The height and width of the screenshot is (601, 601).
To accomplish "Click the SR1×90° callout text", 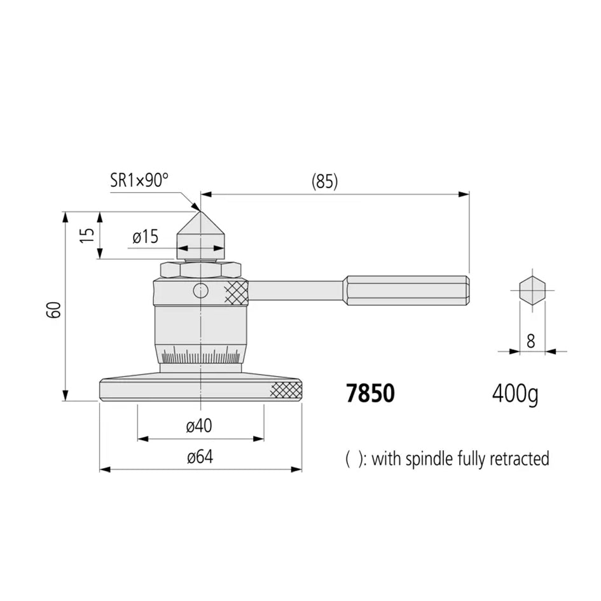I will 139,180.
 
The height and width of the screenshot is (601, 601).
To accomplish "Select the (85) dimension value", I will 324,182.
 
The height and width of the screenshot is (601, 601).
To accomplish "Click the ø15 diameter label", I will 146,237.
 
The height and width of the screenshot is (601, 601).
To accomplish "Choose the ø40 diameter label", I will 199,427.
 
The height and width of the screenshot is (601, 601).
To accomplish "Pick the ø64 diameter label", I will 200,457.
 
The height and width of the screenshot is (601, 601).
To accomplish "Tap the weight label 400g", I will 515,394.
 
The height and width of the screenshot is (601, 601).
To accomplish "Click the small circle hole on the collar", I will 200,291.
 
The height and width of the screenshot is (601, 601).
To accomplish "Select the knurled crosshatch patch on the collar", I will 235,292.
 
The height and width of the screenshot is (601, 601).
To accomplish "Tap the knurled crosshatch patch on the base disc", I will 286,390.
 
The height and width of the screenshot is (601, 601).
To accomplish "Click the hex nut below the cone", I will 201,270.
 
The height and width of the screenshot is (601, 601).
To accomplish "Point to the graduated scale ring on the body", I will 200,358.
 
